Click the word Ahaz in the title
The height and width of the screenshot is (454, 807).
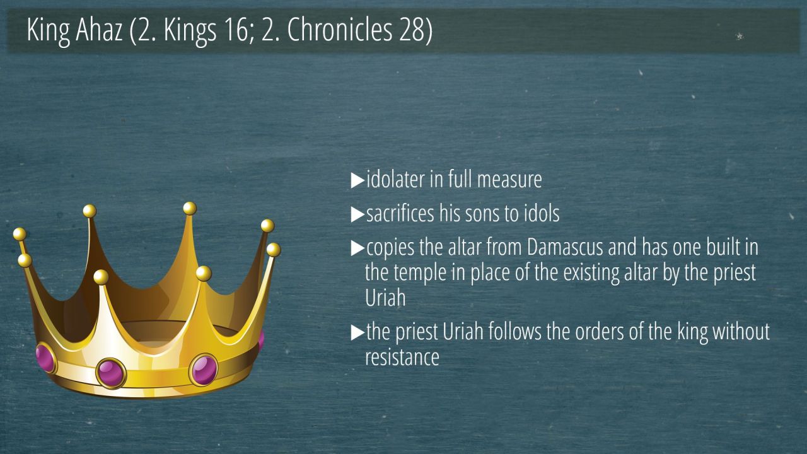[x=99, y=30]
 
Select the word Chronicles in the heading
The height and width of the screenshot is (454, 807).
[x=339, y=30]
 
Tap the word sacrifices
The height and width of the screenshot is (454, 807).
[x=400, y=213]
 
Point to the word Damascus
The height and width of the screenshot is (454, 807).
[x=564, y=247]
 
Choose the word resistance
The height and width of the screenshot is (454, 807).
[x=402, y=357]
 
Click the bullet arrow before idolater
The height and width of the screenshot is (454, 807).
[x=357, y=180]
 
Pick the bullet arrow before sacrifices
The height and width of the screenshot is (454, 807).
[x=357, y=214]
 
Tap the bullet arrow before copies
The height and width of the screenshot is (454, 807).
[x=357, y=248]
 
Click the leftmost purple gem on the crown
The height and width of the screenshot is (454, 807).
[x=46, y=359]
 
